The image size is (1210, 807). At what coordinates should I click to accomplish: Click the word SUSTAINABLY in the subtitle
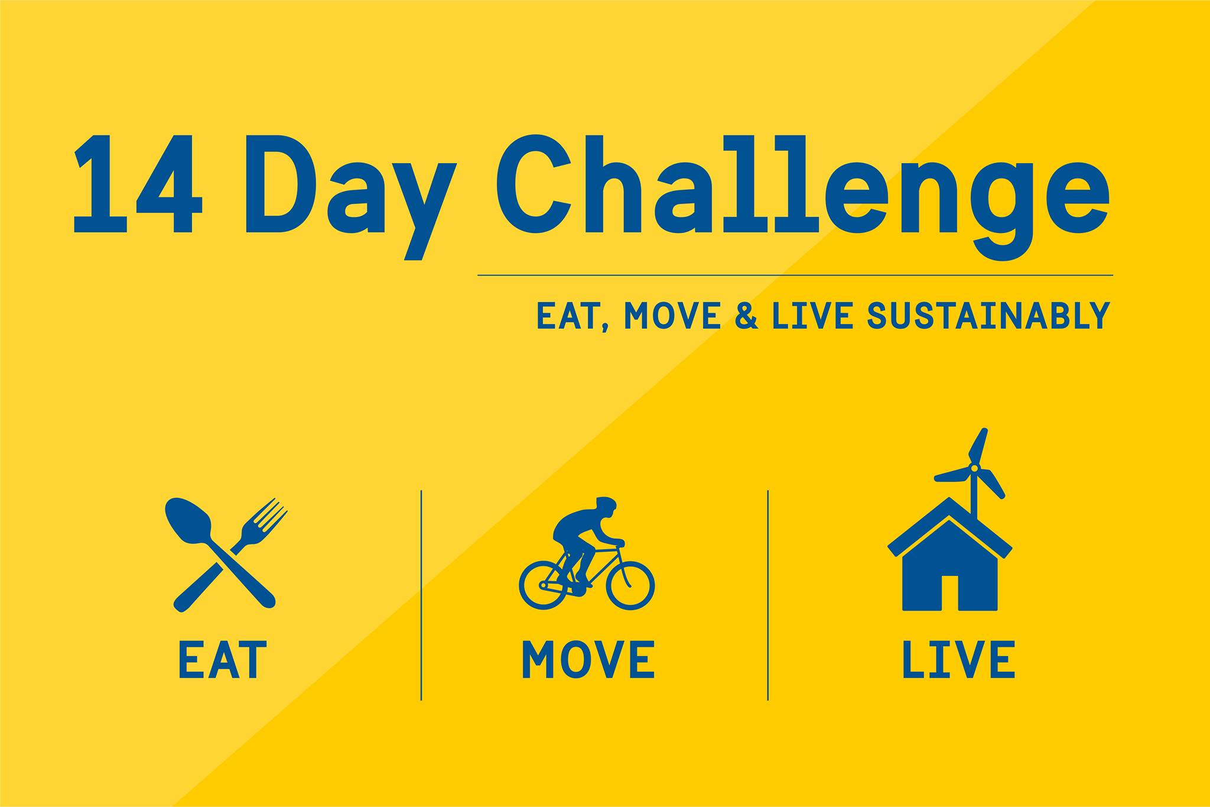988,316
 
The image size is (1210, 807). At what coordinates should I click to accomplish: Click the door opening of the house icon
950,592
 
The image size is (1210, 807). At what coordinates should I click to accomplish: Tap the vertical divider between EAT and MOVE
421,595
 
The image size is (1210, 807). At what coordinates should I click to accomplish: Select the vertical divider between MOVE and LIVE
768,595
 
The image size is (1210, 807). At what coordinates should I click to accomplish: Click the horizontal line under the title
795,276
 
